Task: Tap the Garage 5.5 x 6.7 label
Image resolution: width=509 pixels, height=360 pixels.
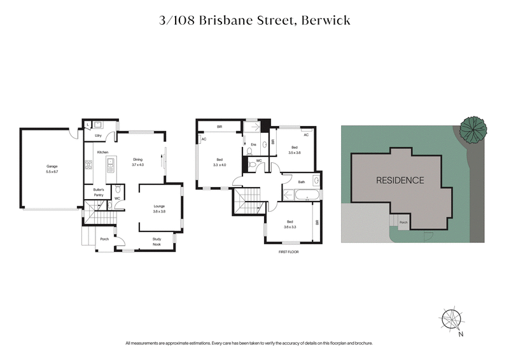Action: tap(52, 169)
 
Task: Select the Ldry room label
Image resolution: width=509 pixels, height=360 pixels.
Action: tap(99, 135)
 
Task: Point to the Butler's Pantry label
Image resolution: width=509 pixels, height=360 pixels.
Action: tap(99, 193)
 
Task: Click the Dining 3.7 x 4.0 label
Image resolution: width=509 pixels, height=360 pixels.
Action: tap(138, 162)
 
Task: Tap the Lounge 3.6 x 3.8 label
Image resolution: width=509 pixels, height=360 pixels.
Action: tap(159, 209)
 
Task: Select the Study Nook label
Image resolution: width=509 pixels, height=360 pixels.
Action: tap(157, 242)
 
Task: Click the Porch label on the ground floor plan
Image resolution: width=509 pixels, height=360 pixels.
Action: tap(104, 240)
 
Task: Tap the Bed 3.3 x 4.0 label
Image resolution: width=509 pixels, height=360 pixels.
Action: tap(219, 162)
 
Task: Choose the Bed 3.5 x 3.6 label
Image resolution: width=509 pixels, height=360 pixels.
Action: tap(293, 151)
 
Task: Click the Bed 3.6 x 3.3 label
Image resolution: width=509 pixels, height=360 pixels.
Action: tap(291, 225)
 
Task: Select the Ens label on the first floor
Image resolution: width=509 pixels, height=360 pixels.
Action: tap(253, 145)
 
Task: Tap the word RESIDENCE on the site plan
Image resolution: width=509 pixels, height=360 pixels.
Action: tap(400, 180)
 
